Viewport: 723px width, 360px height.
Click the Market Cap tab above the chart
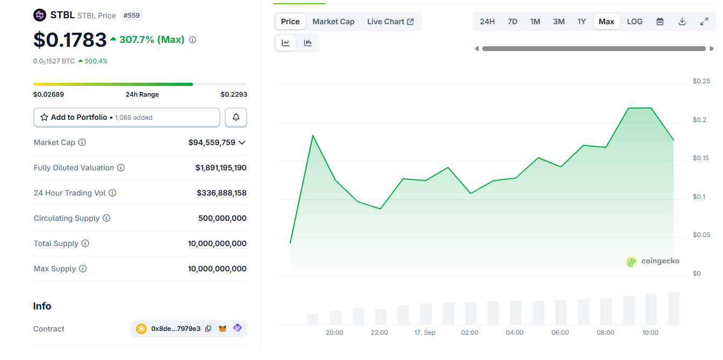click(333, 21)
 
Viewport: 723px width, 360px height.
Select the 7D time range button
click(512, 21)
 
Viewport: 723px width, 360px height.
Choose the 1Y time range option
click(582, 21)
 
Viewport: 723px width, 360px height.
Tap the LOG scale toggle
click(634, 21)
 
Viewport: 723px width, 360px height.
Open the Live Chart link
click(390, 21)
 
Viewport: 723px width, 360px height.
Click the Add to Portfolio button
click(127, 117)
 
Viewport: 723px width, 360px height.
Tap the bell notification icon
click(236, 117)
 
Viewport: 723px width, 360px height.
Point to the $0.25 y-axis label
click(701, 81)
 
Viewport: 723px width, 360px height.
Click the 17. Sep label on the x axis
click(425, 333)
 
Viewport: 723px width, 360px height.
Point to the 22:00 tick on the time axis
click(379, 333)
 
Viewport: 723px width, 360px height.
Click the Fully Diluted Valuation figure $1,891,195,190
click(221, 168)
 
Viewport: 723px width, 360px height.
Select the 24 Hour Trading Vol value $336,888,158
click(221, 193)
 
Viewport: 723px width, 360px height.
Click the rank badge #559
click(132, 16)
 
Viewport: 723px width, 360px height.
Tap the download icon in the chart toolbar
click(682, 21)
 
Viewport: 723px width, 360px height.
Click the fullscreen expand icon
click(704, 21)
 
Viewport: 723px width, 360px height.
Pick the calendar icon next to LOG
click(660, 21)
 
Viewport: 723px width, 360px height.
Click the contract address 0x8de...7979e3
click(176, 329)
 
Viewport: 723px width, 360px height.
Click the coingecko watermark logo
click(653, 261)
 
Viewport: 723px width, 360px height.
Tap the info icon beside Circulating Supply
click(106, 218)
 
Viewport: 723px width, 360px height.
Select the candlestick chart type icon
click(308, 43)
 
